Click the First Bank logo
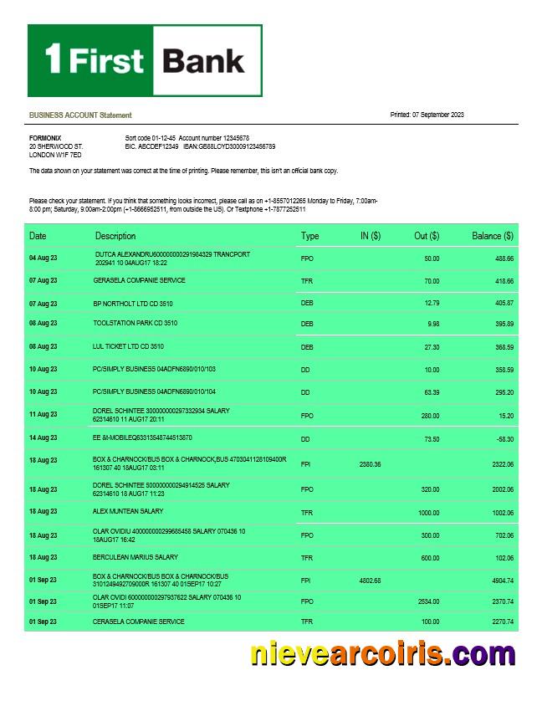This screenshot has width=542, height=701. [145, 60]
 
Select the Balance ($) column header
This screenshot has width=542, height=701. [492, 236]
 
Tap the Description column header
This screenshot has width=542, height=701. [115, 236]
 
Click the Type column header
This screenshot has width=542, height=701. [309, 236]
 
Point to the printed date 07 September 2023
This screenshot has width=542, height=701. [427, 115]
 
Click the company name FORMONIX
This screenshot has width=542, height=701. [45, 137]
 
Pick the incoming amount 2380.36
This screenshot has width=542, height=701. [370, 464]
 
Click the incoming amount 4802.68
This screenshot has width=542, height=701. [370, 580]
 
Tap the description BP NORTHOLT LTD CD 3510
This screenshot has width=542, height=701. [132, 303]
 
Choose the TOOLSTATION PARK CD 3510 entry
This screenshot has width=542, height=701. [135, 323]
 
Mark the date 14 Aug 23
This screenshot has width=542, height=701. [43, 437]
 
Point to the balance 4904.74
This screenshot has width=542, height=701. [499, 580]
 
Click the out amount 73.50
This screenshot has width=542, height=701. [431, 437]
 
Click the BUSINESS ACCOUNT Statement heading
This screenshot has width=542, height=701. [80, 115]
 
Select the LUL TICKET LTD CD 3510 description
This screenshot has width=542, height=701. [128, 345]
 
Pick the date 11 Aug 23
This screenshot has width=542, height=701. [43, 414]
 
